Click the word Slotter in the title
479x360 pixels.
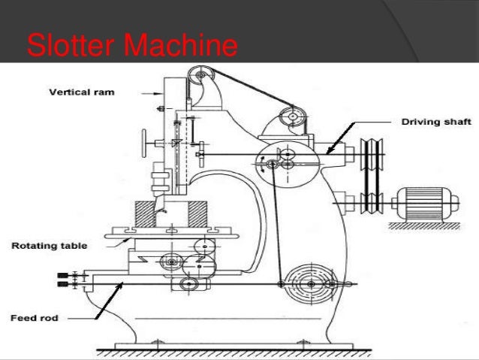pos(70,46)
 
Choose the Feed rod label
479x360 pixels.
pos(34,318)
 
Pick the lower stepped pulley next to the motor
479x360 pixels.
pos(369,201)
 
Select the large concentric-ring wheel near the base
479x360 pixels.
pos(309,283)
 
